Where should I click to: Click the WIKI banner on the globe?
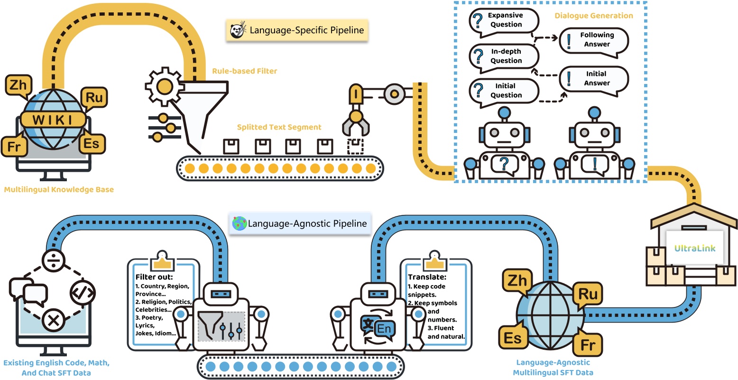53,120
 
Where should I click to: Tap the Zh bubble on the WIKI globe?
18,85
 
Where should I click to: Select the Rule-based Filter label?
244,71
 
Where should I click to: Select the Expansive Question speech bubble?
504,20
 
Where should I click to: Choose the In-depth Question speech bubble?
504,56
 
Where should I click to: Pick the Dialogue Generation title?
594,16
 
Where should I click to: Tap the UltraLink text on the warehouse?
695,248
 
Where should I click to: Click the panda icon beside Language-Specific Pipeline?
237,30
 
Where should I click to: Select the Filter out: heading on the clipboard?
154,277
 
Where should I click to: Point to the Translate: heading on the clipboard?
427,277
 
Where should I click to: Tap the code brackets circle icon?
83,291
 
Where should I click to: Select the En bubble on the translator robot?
384,329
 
